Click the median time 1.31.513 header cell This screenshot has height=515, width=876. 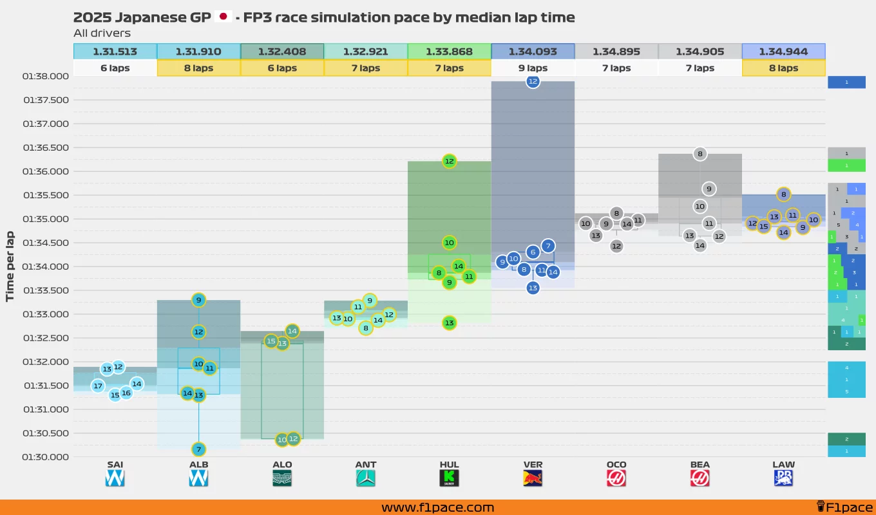(x=115, y=51)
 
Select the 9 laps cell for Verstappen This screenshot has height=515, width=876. (x=533, y=68)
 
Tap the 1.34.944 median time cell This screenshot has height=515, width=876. (x=783, y=51)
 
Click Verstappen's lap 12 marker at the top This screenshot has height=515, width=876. (x=533, y=81)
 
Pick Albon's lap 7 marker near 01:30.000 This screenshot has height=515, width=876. (x=198, y=449)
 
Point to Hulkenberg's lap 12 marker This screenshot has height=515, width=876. (x=450, y=161)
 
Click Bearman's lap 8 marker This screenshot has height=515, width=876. (x=700, y=154)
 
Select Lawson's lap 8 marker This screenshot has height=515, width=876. (x=783, y=194)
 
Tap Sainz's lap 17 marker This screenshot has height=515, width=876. (x=98, y=386)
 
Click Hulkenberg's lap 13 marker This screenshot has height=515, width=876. (x=450, y=323)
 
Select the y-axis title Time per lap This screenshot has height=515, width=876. (x=10, y=266)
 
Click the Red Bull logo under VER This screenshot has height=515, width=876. (x=533, y=478)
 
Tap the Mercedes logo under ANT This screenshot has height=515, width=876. (x=366, y=478)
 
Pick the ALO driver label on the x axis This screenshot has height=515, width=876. (x=282, y=464)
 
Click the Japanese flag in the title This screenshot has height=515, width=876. (x=224, y=17)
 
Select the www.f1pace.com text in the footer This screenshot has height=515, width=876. (x=437, y=507)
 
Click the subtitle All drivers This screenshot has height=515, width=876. (x=102, y=33)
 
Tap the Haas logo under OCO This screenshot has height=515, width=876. (x=616, y=478)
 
